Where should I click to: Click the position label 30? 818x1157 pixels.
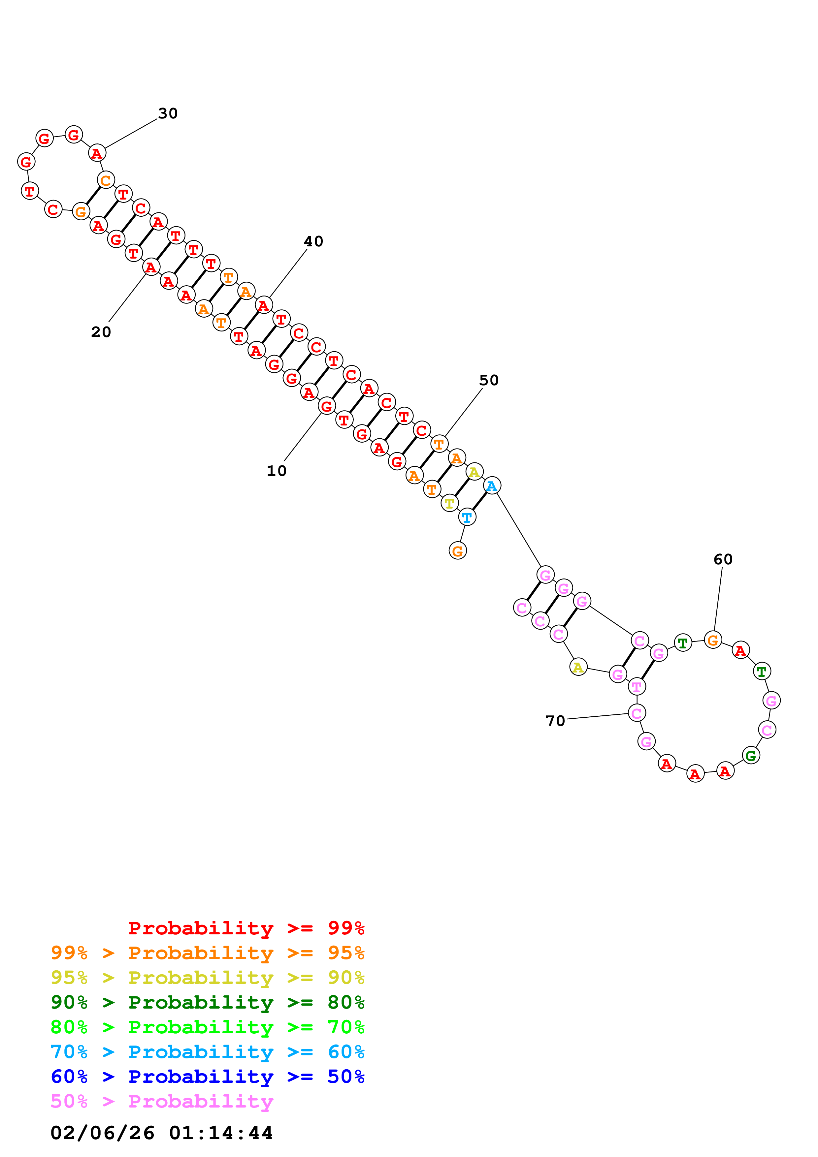click(168, 113)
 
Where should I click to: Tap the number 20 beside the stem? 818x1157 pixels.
click(101, 332)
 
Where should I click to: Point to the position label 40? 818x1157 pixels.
click(313, 241)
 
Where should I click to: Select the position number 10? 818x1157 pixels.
click(276, 471)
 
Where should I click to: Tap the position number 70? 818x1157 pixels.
click(555, 721)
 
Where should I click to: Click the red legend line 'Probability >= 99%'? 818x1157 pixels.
click(246, 928)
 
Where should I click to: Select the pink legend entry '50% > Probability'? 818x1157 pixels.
click(162, 1101)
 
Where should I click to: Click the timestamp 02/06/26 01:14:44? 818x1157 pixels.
click(161, 1133)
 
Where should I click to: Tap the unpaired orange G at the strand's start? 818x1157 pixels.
click(457, 551)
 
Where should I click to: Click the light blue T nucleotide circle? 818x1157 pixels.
click(467, 517)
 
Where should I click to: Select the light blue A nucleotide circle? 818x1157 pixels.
click(491, 486)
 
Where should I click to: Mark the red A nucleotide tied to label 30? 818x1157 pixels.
click(97, 153)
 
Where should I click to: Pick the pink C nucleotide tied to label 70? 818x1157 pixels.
click(637, 713)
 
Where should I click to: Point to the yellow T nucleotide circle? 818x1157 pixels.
click(449, 503)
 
